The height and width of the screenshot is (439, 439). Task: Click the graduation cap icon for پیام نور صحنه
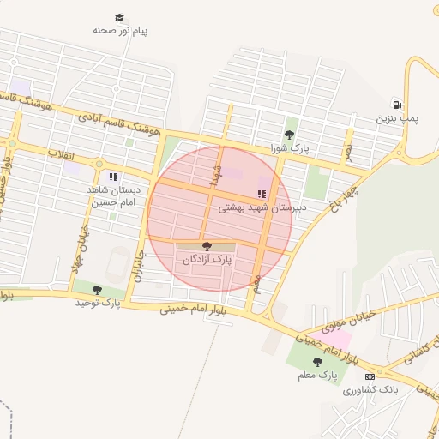pos(120,17)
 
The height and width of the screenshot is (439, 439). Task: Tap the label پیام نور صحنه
pos(120,31)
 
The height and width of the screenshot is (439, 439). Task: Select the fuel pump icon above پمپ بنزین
pos(396,104)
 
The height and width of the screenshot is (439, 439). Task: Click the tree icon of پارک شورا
pos(289,134)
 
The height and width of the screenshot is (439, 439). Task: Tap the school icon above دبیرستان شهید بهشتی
pos(262,195)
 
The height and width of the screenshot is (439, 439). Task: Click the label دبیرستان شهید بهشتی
pos(255,207)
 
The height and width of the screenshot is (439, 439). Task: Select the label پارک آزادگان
pos(205,259)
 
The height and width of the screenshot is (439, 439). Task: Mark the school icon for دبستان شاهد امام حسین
pos(113,177)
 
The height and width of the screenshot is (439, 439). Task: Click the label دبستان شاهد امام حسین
pos(113,196)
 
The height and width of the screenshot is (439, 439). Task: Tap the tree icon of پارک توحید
pos(97,290)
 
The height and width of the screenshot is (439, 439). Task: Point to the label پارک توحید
pos(97,303)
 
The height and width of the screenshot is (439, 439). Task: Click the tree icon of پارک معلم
pos(318,362)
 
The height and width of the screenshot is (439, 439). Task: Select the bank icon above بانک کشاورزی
pos(370,376)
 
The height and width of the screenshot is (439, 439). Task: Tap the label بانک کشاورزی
pos(370,390)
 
